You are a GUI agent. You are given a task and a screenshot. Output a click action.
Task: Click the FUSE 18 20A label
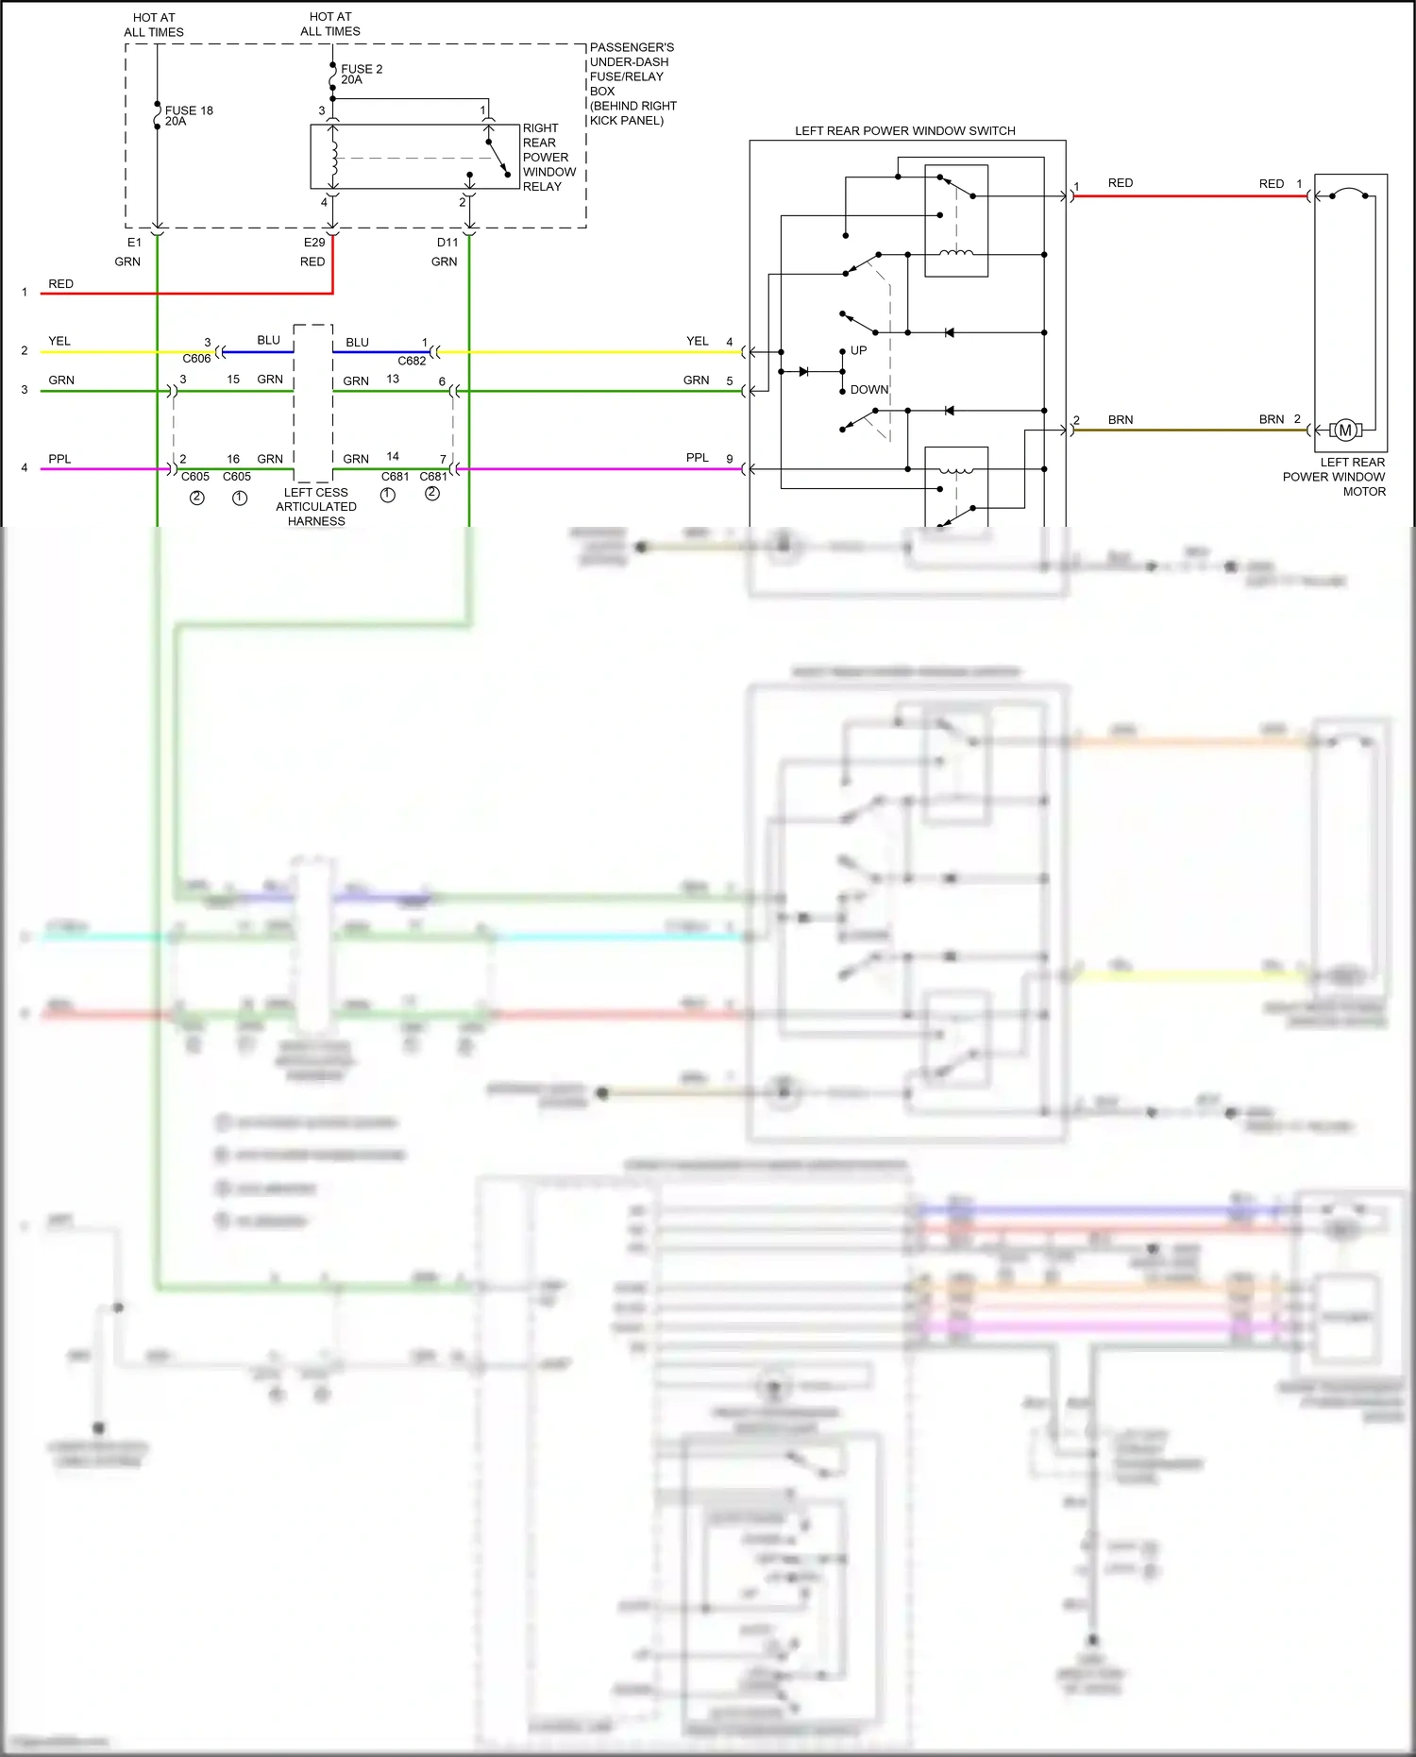tap(188, 116)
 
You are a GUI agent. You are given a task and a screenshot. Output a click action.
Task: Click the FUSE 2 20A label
tap(361, 75)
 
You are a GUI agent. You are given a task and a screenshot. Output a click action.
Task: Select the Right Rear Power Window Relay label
tap(548, 157)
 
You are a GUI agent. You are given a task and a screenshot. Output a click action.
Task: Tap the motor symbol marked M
tap(1345, 431)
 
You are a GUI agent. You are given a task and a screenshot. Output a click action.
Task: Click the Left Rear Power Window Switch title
tap(904, 131)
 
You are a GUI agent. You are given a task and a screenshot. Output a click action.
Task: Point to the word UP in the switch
tap(858, 350)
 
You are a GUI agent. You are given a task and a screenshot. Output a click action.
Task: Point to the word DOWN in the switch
tap(868, 389)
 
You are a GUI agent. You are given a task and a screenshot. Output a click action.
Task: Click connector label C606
tap(196, 359)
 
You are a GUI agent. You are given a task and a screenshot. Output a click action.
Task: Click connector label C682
tap(412, 361)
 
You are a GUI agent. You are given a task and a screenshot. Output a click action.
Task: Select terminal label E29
tap(314, 243)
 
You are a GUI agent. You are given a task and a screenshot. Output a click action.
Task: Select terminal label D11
tap(447, 243)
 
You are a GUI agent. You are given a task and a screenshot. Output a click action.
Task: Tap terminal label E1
tap(134, 243)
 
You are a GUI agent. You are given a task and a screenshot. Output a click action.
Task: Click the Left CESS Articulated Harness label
tap(316, 507)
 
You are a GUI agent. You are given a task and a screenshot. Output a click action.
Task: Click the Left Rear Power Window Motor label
tap(1335, 477)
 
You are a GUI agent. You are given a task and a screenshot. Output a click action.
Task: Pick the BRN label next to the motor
tap(1271, 419)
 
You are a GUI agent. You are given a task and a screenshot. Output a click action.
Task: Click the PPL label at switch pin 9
tap(697, 458)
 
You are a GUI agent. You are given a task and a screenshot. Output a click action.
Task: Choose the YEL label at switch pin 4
tap(697, 341)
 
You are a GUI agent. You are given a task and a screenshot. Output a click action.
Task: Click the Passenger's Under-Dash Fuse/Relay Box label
tap(632, 83)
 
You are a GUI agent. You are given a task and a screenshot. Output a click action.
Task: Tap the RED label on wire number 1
tap(60, 284)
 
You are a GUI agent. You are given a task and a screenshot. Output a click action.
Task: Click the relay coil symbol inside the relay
tap(333, 159)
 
